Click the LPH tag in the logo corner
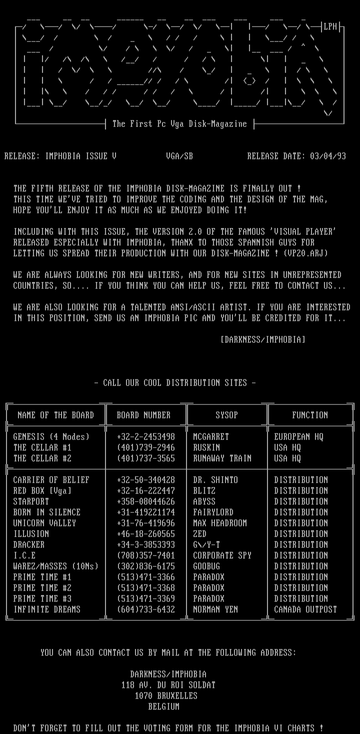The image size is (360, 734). [x=330, y=27]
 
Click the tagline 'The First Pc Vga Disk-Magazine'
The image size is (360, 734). [x=179, y=124]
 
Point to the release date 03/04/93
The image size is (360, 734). [x=327, y=156]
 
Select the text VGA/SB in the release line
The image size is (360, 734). [x=179, y=156]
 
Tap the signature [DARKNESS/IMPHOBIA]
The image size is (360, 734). [x=263, y=339]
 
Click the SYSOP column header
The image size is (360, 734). [x=226, y=415]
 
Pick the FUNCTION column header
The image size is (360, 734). [x=310, y=415]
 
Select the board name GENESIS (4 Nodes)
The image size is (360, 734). [x=51, y=436]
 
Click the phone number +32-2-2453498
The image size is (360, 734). [x=146, y=436]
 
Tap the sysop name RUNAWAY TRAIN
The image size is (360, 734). [x=222, y=458]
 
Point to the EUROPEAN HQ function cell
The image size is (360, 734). [x=298, y=436]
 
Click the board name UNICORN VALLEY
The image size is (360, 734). [x=44, y=523]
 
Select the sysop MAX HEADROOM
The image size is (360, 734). [x=220, y=523]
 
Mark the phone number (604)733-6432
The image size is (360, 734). [x=146, y=609]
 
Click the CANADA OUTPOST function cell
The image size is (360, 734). [x=305, y=609]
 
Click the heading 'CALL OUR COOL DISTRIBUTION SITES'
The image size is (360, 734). [x=175, y=383]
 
